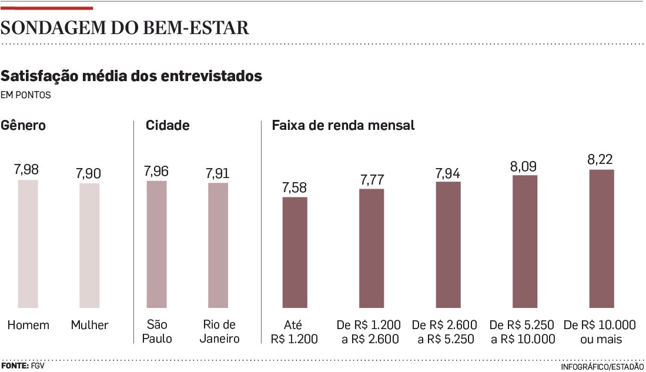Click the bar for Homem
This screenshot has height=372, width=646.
pyautogui.click(x=28, y=244)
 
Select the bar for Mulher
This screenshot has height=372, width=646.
pyautogui.click(x=89, y=246)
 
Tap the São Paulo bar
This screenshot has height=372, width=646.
pyautogui.click(x=156, y=244)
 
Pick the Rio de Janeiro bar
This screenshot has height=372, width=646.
pyautogui.click(x=218, y=246)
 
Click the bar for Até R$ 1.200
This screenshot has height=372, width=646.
pyautogui.click(x=294, y=253)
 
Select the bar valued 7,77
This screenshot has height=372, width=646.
pyautogui.click(x=371, y=249)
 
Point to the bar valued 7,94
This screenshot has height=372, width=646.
pyautogui.click(x=448, y=245)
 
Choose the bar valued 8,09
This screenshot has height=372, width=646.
pyautogui.click(x=524, y=242)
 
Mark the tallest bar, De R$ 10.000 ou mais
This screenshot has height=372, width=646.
pyautogui.click(x=601, y=239)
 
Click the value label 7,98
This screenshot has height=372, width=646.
pyautogui.click(x=27, y=170)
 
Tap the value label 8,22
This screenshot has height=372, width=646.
pyautogui.click(x=601, y=159)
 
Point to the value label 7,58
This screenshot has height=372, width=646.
pyautogui.click(x=294, y=187)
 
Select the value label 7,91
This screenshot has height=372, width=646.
pyautogui.click(x=217, y=174)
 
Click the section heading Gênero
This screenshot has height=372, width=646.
pyautogui.click(x=24, y=126)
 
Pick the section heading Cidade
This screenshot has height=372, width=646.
pyautogui.click(x=168, y=126)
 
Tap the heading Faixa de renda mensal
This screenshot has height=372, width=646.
pyautogui.click(x=343, y=126)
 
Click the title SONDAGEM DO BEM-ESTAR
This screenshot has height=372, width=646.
pyautogui.click(x=125, y=28)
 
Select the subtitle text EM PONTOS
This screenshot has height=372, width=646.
pyautogui.click(x=26, y=95)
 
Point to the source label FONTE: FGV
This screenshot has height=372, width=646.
pyautogui.click(x=22, y=366)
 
